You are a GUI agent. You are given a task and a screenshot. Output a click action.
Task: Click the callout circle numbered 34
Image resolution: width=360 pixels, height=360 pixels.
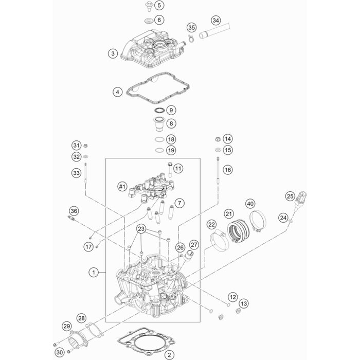click(215, 21)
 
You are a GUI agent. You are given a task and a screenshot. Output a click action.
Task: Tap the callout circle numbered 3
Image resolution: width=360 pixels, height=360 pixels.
click(113, 53)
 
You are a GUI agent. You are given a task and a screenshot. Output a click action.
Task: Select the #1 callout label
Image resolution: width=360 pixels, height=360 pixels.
click(122, 187)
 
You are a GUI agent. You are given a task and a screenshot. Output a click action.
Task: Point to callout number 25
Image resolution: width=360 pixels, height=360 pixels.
click(290, 196)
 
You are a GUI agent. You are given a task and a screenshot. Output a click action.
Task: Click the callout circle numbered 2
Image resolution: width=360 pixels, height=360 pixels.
click(169, 355)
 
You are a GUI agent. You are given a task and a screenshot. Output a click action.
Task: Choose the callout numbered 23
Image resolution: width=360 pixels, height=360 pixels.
click(141, 229)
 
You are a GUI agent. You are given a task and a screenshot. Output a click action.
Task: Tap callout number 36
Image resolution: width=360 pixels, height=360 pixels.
click(74, 211)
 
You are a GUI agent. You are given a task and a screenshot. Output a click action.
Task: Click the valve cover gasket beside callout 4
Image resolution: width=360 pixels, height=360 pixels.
click(158, 88)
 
